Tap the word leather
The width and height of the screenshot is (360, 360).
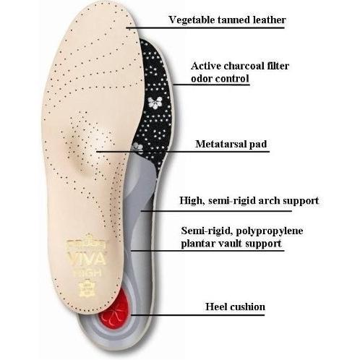point(269,20)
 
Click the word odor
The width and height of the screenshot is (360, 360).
point(202,78)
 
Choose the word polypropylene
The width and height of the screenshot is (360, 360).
point(269,231)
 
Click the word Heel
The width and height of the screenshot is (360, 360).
point(216,307)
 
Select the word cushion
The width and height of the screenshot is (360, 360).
point(247,307)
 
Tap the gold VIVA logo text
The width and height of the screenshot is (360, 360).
point(87,259)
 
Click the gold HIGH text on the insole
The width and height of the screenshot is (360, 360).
point(87,273)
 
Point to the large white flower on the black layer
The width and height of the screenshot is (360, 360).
point(155,102)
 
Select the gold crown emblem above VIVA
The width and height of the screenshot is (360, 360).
point(86,243)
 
